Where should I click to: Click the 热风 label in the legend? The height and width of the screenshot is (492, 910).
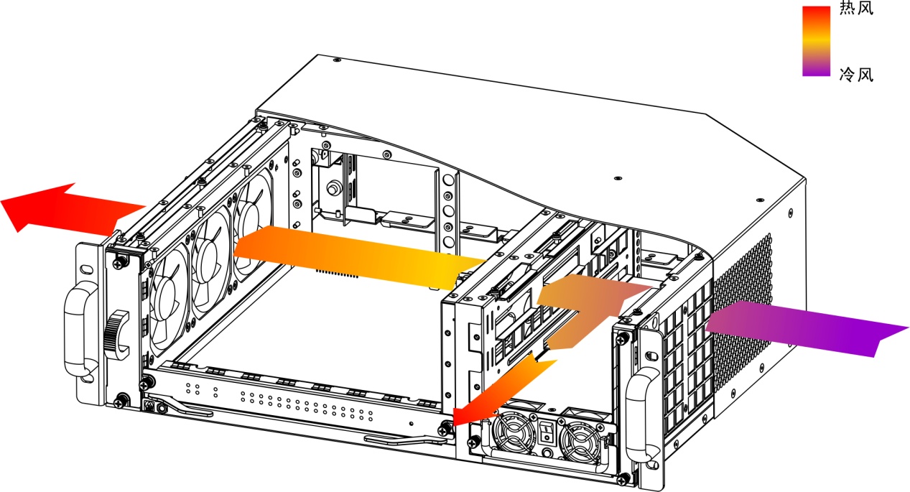pyautogui.click(x=856, y=9)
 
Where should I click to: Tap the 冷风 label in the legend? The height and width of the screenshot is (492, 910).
pyautogui.click(x=856, y=75)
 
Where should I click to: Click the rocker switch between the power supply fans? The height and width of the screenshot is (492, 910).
pyautogui.click(x=547, y=432)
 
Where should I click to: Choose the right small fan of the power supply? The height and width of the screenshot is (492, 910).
pyautogui.click(x=578, y=442)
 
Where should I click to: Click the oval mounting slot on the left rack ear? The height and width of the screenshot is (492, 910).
pyautogui.click(x=86, y=269)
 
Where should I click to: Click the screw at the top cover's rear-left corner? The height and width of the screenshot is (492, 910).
pyautogui.click(x=336, y=60)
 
